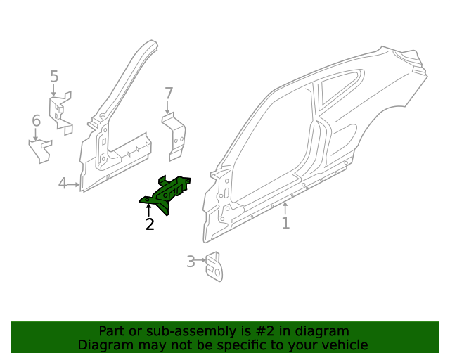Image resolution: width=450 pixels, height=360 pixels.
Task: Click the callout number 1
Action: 285,224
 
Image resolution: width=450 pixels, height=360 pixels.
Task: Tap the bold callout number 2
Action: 149,225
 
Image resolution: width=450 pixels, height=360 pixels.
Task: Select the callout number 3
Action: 191,262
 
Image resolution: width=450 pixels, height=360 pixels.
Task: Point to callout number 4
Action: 63,184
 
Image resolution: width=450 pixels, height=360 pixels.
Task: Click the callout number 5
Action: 54,77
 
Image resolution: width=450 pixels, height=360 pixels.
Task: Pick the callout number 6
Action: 36,122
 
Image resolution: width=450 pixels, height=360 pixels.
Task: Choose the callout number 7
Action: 168,93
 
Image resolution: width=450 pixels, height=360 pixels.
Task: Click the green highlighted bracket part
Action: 167,193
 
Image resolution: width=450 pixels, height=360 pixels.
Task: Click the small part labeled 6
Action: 41,150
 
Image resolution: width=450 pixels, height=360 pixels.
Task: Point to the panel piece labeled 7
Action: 175,137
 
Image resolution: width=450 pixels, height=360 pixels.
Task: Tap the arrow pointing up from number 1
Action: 285,208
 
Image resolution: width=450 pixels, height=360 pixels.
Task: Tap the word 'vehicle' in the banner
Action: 344,345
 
